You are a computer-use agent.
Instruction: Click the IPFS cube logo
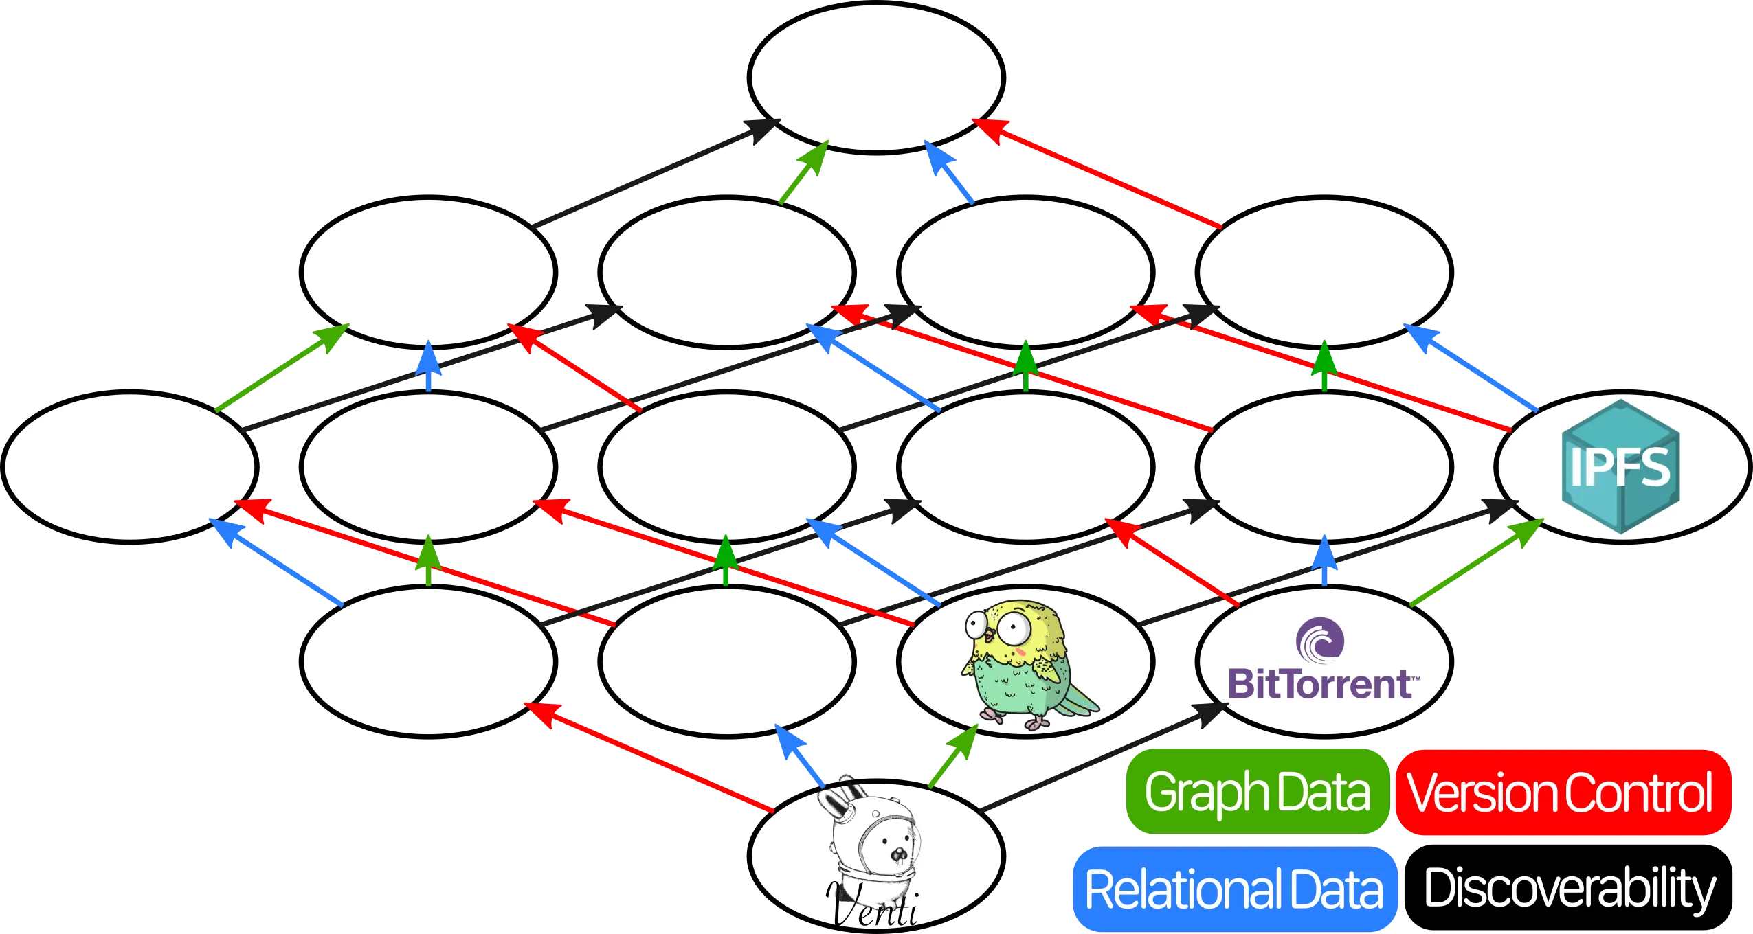1620,466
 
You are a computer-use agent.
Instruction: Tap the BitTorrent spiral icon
1319,639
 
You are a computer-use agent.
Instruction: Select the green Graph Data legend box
1256,792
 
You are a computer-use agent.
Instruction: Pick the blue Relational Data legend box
1233,889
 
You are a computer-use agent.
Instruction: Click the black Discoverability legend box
1570,889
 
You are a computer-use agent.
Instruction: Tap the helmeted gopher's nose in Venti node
898,855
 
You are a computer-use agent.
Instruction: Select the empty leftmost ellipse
129,466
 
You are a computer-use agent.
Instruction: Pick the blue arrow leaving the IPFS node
1471,367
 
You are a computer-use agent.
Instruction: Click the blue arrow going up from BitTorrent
1324,560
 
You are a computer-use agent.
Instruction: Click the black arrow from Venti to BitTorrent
1099,755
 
